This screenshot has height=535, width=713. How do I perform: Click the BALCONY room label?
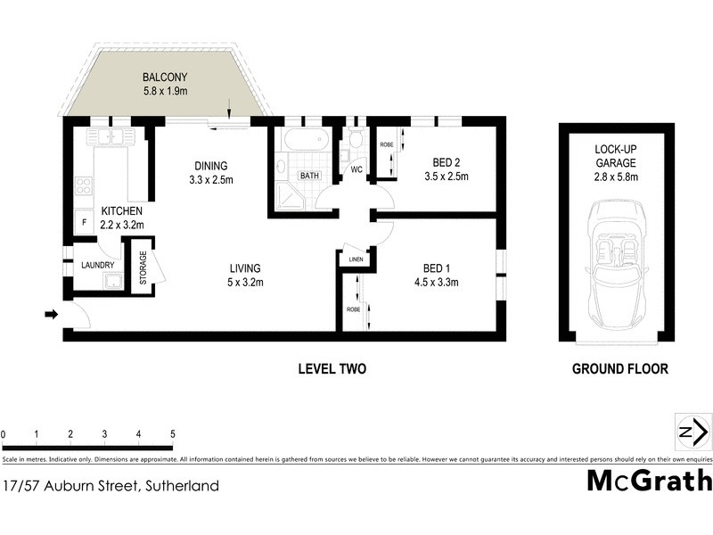(163, 77)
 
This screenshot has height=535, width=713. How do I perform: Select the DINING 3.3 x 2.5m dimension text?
(211, 179)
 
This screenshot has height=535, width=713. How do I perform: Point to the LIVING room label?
(244, 267)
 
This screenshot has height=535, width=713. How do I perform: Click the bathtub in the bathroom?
(302, 142)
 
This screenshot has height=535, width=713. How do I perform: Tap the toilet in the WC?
(355, 140)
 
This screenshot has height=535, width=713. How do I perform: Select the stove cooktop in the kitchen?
(85, 185)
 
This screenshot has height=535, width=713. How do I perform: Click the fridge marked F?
(83, 221)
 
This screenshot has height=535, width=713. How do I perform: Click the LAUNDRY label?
(99, 265)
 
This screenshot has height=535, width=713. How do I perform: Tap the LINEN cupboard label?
(356, 260)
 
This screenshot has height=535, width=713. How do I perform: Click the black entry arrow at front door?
(51, 314)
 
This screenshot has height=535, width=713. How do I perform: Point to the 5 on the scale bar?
(173, 433)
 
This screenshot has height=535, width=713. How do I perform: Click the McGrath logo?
(649, 481)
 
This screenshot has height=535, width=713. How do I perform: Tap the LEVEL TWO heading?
(332, 368)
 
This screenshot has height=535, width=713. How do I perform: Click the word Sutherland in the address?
(178, 486)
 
